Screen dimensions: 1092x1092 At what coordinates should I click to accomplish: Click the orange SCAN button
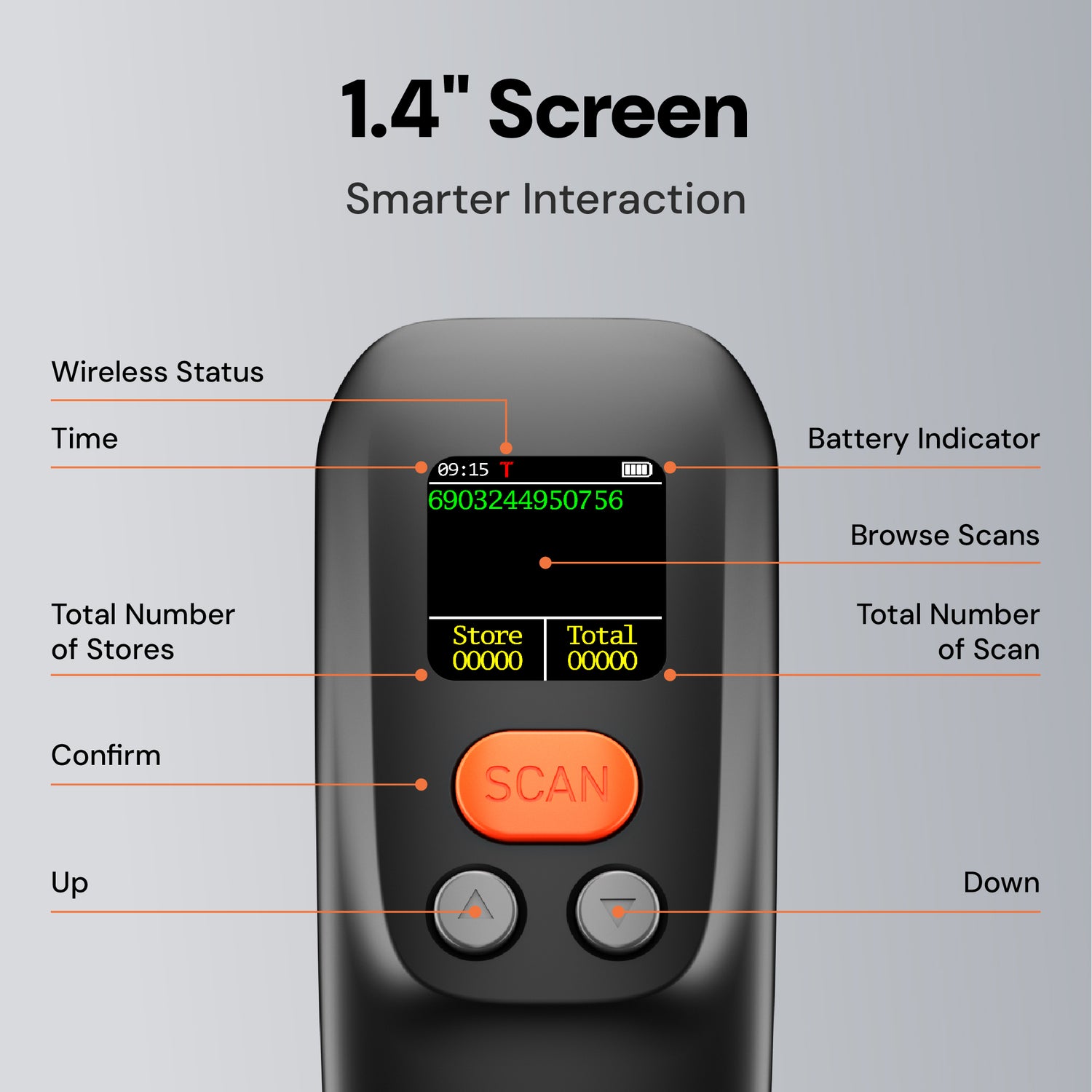point(546,786)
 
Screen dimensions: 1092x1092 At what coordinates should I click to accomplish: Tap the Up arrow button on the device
point(476,910)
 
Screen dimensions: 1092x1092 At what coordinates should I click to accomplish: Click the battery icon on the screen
point(637,470)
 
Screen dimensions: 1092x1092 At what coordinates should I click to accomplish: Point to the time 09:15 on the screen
point(463,470)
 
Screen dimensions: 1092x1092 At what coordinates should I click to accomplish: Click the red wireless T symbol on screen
point(506,470)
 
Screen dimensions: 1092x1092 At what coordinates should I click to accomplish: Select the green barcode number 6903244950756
point(526,500)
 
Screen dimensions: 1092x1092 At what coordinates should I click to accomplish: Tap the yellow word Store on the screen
point(487,636)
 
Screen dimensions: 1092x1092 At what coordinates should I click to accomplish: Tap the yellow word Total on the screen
point(602,636)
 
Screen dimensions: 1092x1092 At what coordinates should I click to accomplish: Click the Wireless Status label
point(157,372)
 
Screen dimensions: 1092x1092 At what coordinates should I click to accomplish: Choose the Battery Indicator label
point(924,439)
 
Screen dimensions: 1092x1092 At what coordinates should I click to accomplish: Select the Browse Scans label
point(945,536)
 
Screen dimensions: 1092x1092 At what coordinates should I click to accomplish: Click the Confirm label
point(106,756)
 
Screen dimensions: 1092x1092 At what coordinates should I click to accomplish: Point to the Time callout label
point(84,439)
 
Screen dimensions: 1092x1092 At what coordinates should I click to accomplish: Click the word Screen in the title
point(618,111)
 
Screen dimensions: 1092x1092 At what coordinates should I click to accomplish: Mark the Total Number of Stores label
point(143,632)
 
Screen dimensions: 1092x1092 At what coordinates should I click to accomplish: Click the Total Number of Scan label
point(948,632)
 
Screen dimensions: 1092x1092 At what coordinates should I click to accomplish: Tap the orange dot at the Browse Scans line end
point(545,563)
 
